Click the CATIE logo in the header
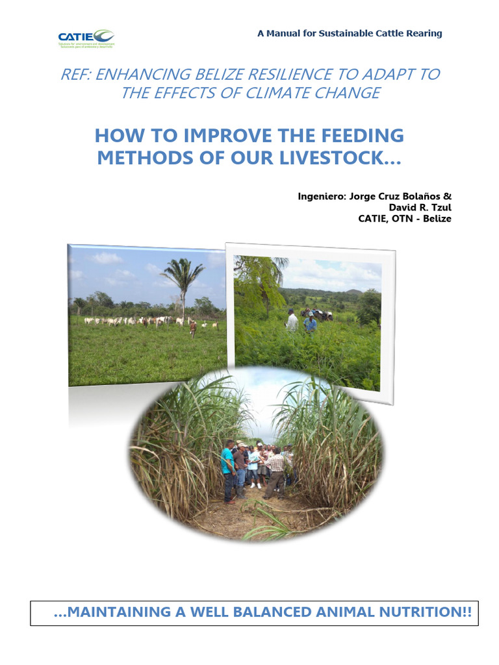pyautogui.click(x=86, y=38)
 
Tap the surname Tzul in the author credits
pyautogui.click(x=439, y=207)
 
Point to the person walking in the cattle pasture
pyautogui.click(x=193, y=329)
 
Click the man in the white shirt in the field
pyautogui.click(x=292, y=320)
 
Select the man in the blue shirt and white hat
pyautogui.click(x=311, y=321)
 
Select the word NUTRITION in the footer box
pyautogui.click(x=414, y=612)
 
